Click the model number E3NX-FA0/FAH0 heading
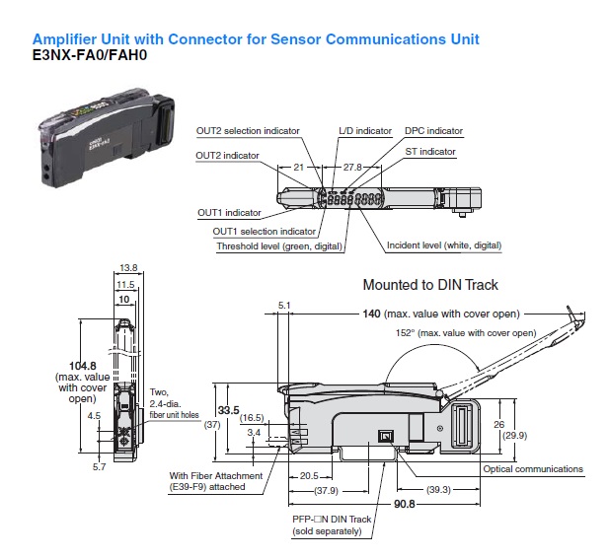[x=91, y=56]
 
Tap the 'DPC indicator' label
[x=433, y=130]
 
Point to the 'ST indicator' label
[x=430, y=152]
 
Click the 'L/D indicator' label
[x=365, y=130]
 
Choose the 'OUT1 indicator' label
[x=229, y=212]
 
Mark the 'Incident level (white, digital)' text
[x=444, y=245]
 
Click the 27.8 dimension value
[x=350, y=168]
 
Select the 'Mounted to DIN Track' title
[x=430, y=285]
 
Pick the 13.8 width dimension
[x=126, y=267]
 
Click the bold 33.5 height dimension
[x=229, y=410]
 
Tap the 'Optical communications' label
[x=533, y=469]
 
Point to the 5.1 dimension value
[x=285, y=306]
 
